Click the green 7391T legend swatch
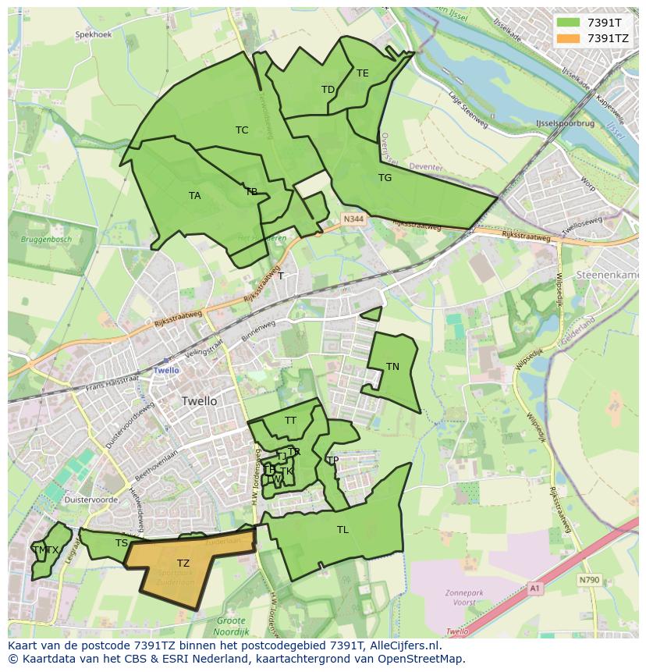coord(568,23)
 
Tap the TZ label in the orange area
coord(183,564)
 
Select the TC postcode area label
coord(242,130)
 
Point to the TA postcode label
coord(194,196)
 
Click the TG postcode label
coord(385,178)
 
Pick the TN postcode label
coord(392,367)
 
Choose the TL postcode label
coord(343,530)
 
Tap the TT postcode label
coord(290,421)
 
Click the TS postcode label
coord(121,543)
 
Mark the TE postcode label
coord(363,73)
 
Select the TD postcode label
coord(328,90)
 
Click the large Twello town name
coord(199,401)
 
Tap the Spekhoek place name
coord(94,35)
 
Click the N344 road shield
coord(353,221)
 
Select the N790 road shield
coord(589,580)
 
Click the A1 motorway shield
coord(534,588)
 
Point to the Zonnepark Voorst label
coord(465,597)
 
